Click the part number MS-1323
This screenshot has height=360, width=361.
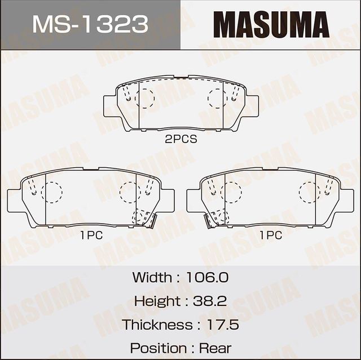[90, 25]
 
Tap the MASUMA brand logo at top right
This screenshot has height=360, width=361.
[271, 25]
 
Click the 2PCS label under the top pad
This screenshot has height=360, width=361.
[180, 139]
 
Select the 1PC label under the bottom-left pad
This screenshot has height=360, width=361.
[91, 236]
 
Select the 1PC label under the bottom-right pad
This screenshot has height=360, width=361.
[270, 236]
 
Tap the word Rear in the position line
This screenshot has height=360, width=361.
[214, 348]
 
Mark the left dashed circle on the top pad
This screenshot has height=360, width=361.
[144, 98]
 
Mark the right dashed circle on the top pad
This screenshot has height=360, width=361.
[217, 98]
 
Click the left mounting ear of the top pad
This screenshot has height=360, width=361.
[110, 105]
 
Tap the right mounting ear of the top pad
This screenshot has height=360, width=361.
[252, 105]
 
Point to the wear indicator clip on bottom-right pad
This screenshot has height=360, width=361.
[210, 221]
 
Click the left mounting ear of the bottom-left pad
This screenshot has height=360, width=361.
[14, 201]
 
